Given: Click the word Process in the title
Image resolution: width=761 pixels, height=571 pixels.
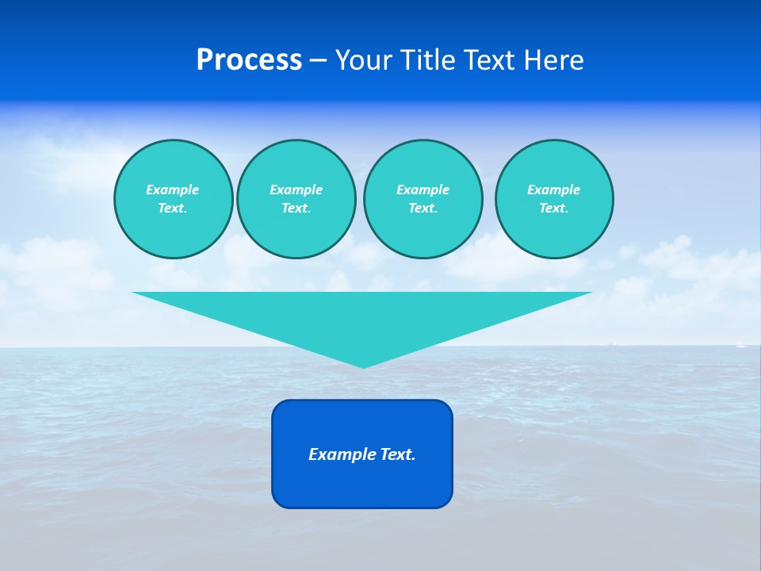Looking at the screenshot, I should point(249,60).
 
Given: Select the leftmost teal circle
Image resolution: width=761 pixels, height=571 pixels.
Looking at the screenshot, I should point(173,199).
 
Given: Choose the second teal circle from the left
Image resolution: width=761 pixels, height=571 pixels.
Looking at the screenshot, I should point(296,199).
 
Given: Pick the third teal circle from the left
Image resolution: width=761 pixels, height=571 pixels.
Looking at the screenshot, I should point(423,199).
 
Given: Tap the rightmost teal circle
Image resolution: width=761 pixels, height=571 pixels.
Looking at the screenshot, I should point(553,199).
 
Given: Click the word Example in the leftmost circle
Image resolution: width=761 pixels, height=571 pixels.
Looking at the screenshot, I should point(173,190).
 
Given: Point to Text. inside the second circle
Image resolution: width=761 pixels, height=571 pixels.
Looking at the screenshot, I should point(296,209).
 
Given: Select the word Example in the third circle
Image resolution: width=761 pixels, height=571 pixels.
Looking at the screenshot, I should point(423,190).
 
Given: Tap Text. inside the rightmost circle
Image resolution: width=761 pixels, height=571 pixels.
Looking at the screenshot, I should point(553,209).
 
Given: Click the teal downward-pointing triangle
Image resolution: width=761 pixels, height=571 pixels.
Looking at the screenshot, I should point(362,317).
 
